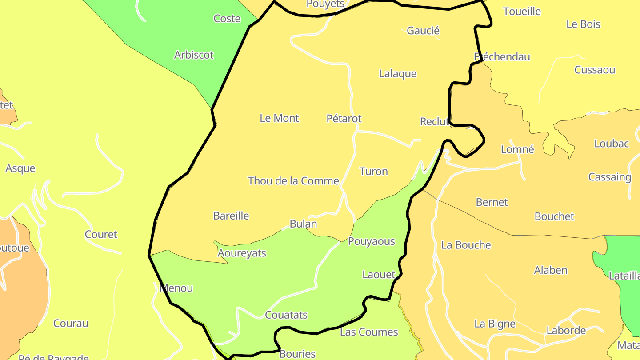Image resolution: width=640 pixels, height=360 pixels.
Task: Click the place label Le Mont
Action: tap(279, 118)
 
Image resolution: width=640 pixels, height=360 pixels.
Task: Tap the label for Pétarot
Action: tap(344, 119)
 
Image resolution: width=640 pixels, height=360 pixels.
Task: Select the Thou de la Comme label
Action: tap(293, 181)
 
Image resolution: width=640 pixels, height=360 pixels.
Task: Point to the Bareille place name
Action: tap(231, 216)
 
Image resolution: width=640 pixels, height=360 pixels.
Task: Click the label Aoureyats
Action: tap(242, 253)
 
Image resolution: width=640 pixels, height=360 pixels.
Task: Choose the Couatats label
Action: tap(286, 315)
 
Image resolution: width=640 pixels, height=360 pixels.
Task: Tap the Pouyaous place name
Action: tap(371, 241)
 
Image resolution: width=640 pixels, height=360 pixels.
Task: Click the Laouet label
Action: tap(379, 275)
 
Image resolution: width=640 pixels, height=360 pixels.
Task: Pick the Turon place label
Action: tap(373, 172)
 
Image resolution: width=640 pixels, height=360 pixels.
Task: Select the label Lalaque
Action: tap(398, 74)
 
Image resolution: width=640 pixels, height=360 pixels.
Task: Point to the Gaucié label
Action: tap(423, 31)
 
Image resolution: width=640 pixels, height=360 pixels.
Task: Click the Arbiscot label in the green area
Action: tap(194, 55)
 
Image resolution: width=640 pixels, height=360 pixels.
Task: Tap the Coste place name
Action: tap(227, 19)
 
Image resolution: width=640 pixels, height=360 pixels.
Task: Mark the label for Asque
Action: tap(20, 168)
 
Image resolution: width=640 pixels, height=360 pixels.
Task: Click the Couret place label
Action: tap(101, 235)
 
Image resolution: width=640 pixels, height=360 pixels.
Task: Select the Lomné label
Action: tap(517, 149)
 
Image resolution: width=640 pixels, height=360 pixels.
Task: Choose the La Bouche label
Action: tap(466, 245)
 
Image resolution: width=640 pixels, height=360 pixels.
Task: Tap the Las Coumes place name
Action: tap(369, 332)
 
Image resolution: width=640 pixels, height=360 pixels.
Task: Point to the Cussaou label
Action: tap(595, 70)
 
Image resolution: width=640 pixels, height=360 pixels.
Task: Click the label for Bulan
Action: tap(303, 224)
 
